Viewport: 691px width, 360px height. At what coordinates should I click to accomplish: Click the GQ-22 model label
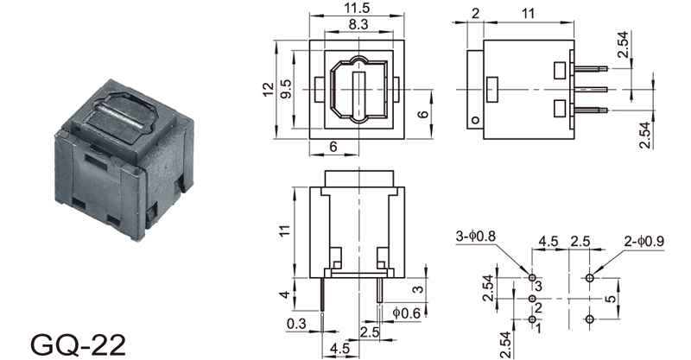79,344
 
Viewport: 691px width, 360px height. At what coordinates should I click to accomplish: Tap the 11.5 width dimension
357,8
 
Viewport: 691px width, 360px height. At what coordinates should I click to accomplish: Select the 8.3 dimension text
358,24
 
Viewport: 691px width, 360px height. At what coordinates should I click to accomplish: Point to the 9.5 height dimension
286,89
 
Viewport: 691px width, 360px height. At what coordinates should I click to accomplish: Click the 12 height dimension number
268,90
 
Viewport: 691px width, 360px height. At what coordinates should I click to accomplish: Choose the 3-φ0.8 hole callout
476,237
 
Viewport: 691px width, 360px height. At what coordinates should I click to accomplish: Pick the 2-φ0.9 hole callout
644,241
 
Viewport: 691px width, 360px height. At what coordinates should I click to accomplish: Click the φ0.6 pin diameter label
406,313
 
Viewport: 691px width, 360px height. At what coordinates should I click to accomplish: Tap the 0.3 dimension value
296,324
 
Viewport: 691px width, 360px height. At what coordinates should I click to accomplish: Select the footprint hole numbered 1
532,319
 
